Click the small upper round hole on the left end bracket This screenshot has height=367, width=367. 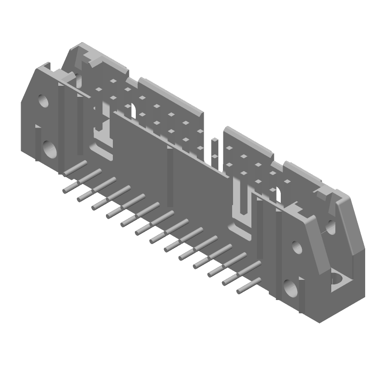pyautogui.click(x=43, y=100)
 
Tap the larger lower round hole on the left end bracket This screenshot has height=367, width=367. pyautogui.click(x=49, y=148)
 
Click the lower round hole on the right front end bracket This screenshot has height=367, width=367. pyautogui.click(x=290, y=288)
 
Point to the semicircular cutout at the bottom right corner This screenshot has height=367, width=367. pyautogui.click(x=339, y=279)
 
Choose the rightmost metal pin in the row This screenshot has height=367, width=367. pyautogui.click(x=248, y=285)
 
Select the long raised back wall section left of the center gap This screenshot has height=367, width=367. pyautogui.click(x=170, y=96)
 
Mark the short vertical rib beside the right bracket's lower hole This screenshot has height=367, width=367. pyautogui.click(x=302, y=294)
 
